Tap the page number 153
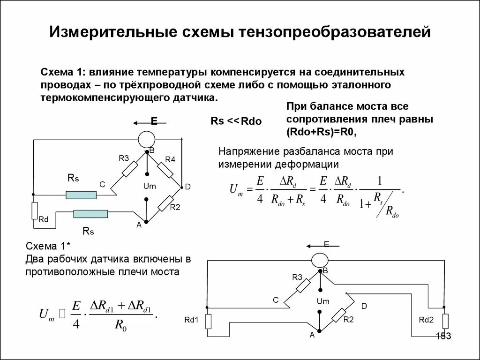pos(443,336)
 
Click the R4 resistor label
pos(170,159)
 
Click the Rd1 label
pos(192,320)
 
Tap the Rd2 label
pos(427,320)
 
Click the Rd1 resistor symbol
pos(208,321)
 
